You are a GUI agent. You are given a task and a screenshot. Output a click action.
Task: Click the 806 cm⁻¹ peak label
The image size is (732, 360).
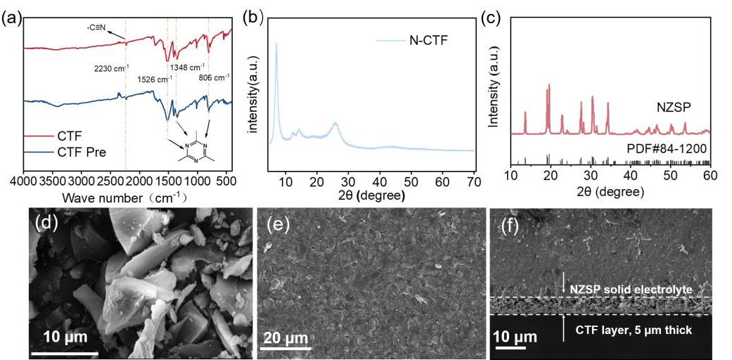click(x=214, y=78)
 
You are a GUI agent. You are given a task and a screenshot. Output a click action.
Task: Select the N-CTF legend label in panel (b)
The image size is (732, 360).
click(x=428, y=41)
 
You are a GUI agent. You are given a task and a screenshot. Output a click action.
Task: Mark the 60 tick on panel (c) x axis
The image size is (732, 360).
click(x=711, y=174)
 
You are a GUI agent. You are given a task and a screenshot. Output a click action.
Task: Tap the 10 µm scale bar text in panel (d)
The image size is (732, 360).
click(x=65, y=336)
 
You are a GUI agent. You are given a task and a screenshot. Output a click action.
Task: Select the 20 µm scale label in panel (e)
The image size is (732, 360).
click(x=284, y=339)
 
